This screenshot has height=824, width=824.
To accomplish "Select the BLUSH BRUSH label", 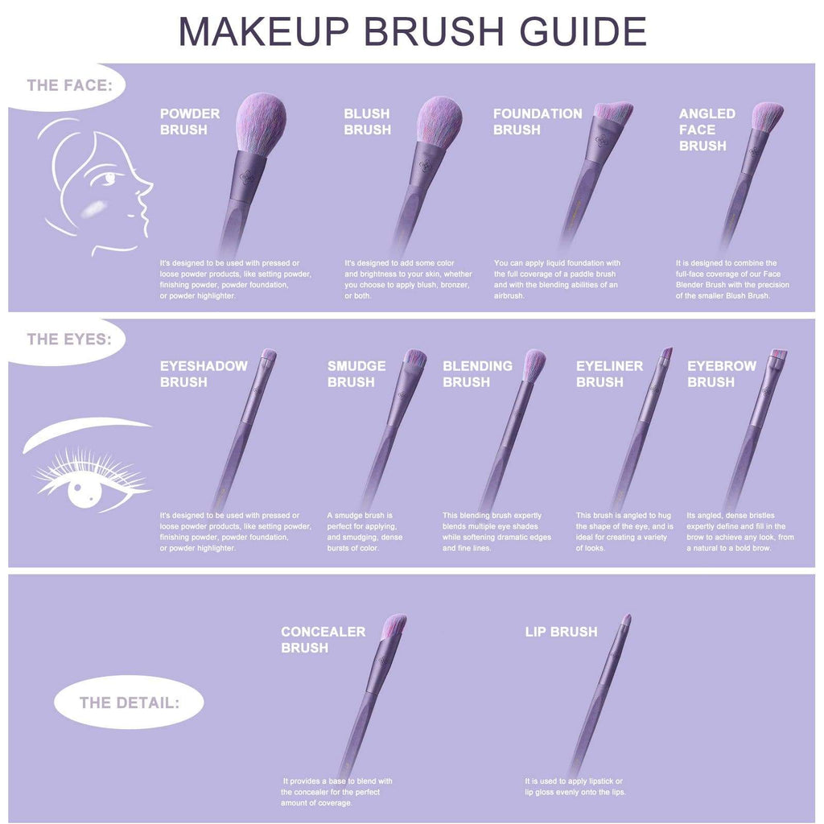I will tap(367, 122).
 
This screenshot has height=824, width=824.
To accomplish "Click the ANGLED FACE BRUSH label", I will tap(707, 130).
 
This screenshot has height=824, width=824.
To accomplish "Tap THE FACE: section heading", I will tap(68, 84).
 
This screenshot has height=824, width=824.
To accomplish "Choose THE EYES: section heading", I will tap(68, 339).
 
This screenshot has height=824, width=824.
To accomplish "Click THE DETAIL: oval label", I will tap(129, 702).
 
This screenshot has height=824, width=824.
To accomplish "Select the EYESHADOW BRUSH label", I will tap(204, 373).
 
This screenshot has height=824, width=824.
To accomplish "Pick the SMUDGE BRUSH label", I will tap(356, 373).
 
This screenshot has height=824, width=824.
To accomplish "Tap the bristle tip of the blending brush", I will tap(534, 362).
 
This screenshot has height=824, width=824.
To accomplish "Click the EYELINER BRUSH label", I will tap(609, 373).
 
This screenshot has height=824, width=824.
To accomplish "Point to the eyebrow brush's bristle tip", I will tap(779, 356).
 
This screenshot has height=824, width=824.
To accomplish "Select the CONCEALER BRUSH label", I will tap(323, 640).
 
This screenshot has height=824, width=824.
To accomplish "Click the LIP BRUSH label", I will tap(561, 632).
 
